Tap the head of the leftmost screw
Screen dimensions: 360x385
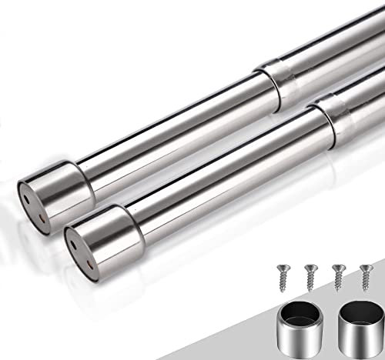click(282, 266)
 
